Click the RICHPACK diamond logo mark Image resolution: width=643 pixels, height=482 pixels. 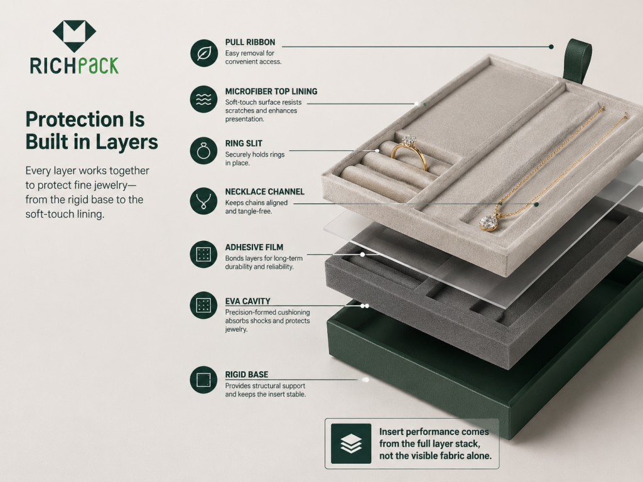tap(74, 36)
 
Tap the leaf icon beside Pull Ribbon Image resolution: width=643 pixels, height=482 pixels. tap(204, 53)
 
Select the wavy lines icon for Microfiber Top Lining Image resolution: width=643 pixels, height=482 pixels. tap(204, 99)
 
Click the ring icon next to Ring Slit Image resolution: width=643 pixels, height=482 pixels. tap(204, 151)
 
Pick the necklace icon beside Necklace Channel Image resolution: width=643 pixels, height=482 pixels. tap(204, 201)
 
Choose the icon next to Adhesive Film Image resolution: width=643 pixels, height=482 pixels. tap(204, 254)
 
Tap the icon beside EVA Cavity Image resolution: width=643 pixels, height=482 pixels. tap(204, 306)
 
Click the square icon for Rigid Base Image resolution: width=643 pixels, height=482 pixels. tap(204, 380)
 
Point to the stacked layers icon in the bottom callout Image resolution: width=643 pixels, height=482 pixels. tap(351, 444)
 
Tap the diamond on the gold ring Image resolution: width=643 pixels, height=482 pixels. tap(409, 141)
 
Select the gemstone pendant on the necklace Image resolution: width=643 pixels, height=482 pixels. tap(489, 223)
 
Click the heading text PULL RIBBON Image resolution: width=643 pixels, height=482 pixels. tap(250, 42)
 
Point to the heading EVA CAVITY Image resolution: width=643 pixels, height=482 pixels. tap(247, 301)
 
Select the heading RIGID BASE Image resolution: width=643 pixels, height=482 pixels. tap(246, 375)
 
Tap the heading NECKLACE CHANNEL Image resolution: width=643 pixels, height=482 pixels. tap(265, 192)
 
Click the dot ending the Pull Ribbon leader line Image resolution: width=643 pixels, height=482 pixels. tap(551, 46)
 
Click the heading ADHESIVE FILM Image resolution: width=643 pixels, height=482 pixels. tap(254, 247)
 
